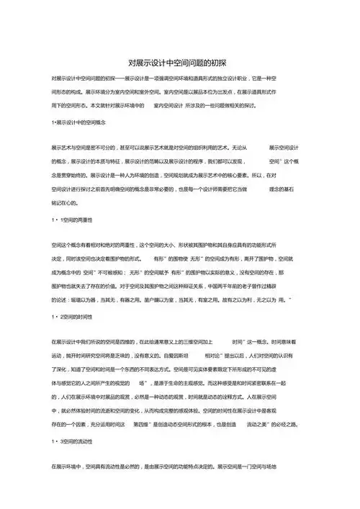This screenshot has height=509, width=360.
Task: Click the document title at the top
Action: tap(180, 63)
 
